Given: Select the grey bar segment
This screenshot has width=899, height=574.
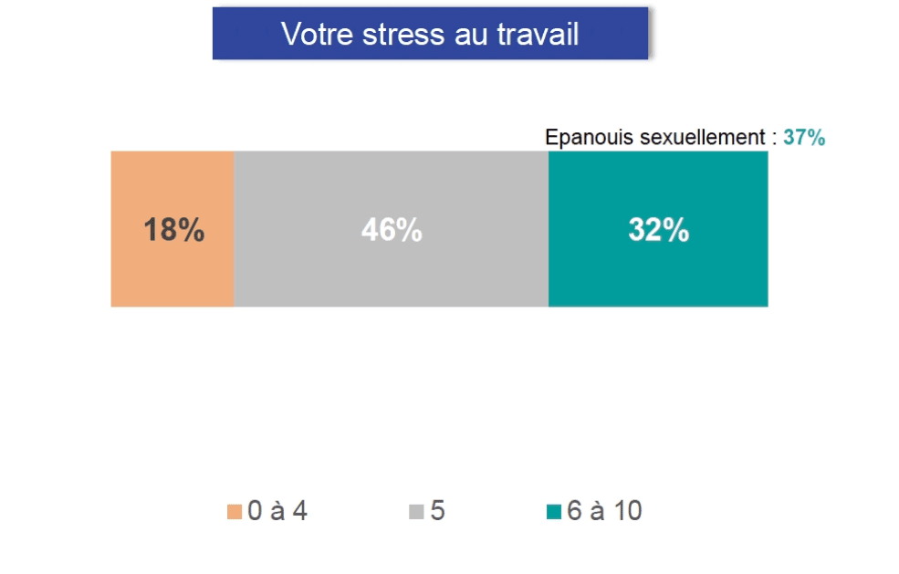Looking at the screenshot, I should point(391,274).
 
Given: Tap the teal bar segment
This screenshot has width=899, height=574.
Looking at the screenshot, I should point(657,274).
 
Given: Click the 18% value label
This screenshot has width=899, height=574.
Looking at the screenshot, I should point(173,230).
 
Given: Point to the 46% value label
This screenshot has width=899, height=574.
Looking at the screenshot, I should point(392,230).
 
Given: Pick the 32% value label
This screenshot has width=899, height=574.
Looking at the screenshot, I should point(658,230).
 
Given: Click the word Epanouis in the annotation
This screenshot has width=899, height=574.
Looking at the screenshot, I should point(580,138).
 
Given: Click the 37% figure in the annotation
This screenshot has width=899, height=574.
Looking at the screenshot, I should point(804,138).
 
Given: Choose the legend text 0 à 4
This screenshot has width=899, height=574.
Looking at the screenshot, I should point(277,512).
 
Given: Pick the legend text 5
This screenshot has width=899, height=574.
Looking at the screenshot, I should point(438,512).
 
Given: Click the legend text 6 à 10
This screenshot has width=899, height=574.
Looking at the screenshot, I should point(604,512).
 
